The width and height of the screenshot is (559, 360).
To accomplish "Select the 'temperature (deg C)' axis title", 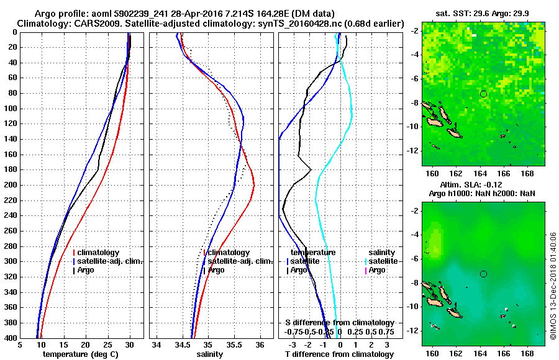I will point(80,354).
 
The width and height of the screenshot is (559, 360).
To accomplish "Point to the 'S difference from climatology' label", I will point(339,323).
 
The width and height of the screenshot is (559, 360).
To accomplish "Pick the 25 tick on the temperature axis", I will point(107,345).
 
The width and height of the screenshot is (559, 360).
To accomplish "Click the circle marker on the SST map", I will point(483,94).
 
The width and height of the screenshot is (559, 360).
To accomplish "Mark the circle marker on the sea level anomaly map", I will point(483,274).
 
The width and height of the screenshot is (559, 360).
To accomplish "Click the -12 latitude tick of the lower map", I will point(414,330).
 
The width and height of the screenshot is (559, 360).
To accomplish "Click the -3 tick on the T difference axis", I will point(292,345).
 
